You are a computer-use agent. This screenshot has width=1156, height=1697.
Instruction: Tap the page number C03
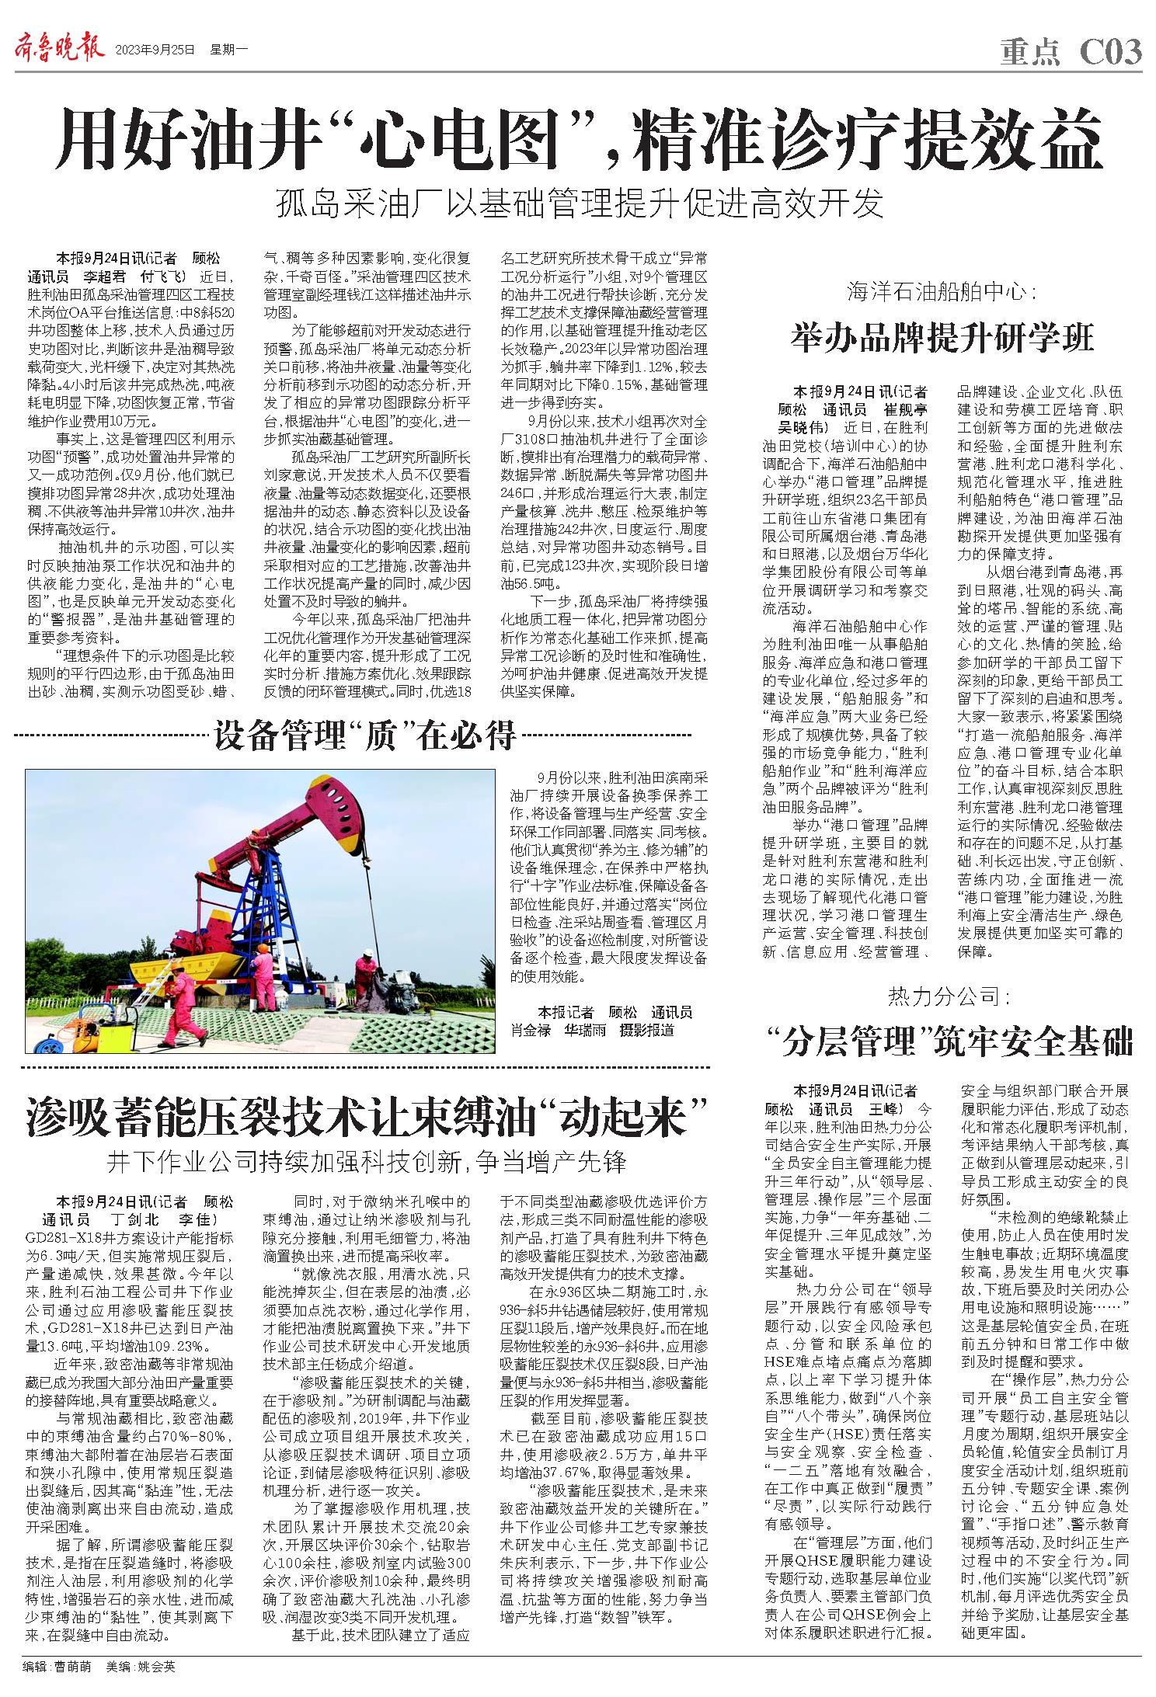tap(1111, 51)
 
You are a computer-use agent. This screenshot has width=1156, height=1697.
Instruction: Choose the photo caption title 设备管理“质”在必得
tap(366, 735)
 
